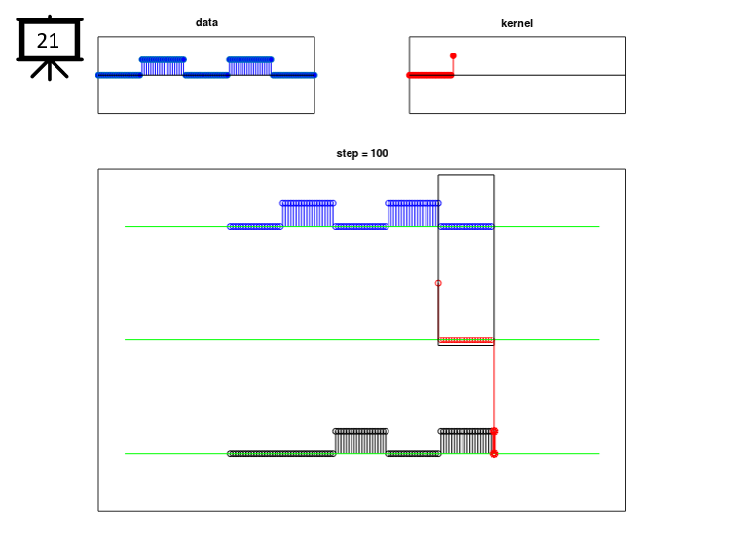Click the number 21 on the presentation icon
[48, 41]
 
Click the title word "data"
[206, 22]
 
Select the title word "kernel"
[517, 23]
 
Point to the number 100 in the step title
[379, 153]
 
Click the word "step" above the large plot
[348, 154]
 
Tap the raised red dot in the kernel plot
[453, 56]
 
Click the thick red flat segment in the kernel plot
[429, 75]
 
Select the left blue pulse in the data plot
[163, 66]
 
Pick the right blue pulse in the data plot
[250, 66]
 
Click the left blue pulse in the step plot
[308, 214]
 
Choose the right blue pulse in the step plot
[414, 214]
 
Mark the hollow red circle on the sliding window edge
[438, 283]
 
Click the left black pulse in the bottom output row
[360, 442]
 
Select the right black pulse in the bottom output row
[465, 442]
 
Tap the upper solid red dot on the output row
[494, 431]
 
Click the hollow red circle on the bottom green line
[494, 454]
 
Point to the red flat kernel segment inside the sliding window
[465, 339]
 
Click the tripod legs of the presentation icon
[50, 69]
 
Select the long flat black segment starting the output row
[281, 454]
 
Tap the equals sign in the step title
[364, 154]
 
